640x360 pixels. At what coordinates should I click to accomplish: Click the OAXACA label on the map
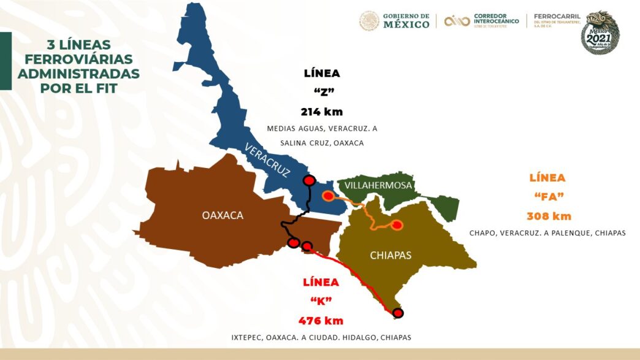click(x=223, y=215)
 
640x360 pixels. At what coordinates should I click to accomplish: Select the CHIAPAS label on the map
click(x=390, y=255)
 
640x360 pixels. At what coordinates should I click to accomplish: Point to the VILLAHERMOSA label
click(x=378, y=185)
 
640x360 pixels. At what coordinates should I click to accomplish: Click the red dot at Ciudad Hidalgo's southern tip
click(x=398, y=313)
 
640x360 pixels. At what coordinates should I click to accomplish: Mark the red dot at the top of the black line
click(x=310, y=180)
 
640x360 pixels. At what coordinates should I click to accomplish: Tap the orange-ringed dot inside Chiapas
click(x=397, y=224)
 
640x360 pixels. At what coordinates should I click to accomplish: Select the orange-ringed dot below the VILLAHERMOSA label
click(x=329, y=196)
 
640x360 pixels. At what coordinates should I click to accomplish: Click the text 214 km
click(x=321, y=112)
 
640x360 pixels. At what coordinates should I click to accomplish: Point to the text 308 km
click(x=549, y=216)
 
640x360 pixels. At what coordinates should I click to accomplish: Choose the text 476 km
click(x=321, y=321)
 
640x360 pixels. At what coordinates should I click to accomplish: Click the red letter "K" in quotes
click(x=321, y=301)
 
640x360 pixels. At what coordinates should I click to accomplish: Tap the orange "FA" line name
click(x=549, y=197)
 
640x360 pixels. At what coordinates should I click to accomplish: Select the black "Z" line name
click(x=321, y=93)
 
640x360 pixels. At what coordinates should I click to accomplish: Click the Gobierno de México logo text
click(x=406, y=21)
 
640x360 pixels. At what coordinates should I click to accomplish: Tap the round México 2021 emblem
click(x=600, y=33)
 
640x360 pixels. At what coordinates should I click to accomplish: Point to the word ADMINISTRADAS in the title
click(x=78, y=74)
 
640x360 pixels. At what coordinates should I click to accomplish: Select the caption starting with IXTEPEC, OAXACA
click(x=321, y=338)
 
